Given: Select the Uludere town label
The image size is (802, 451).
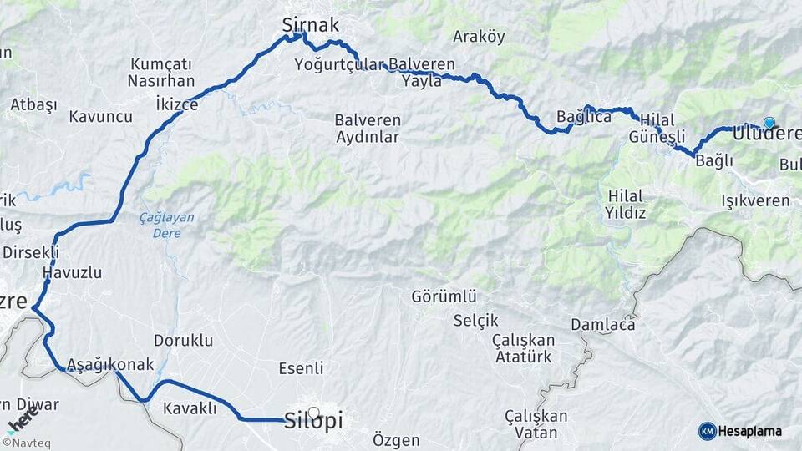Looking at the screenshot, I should tap(766, 134).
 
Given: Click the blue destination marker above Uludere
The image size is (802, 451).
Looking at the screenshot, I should tap(769, 123).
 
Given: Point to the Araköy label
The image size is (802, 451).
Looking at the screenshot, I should tap(479, 37).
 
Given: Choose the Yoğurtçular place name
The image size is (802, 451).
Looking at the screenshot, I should tap(338, 64).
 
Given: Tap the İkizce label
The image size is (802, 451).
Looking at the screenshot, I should tap(177, 104).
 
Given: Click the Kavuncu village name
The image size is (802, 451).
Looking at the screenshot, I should tap(100, 117).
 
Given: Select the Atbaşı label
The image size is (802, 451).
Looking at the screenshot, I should tap(33, 104).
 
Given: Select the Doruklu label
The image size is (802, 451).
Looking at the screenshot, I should tap(184, 341).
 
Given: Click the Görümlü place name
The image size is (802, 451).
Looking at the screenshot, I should tap(444, 296).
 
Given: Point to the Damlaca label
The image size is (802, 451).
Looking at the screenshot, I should tap(603, 324).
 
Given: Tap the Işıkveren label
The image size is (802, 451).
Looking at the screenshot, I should tap(755, 201).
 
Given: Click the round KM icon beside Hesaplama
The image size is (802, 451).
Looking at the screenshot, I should tap(707, 431).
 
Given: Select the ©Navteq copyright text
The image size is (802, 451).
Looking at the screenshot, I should tap(26, 443).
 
